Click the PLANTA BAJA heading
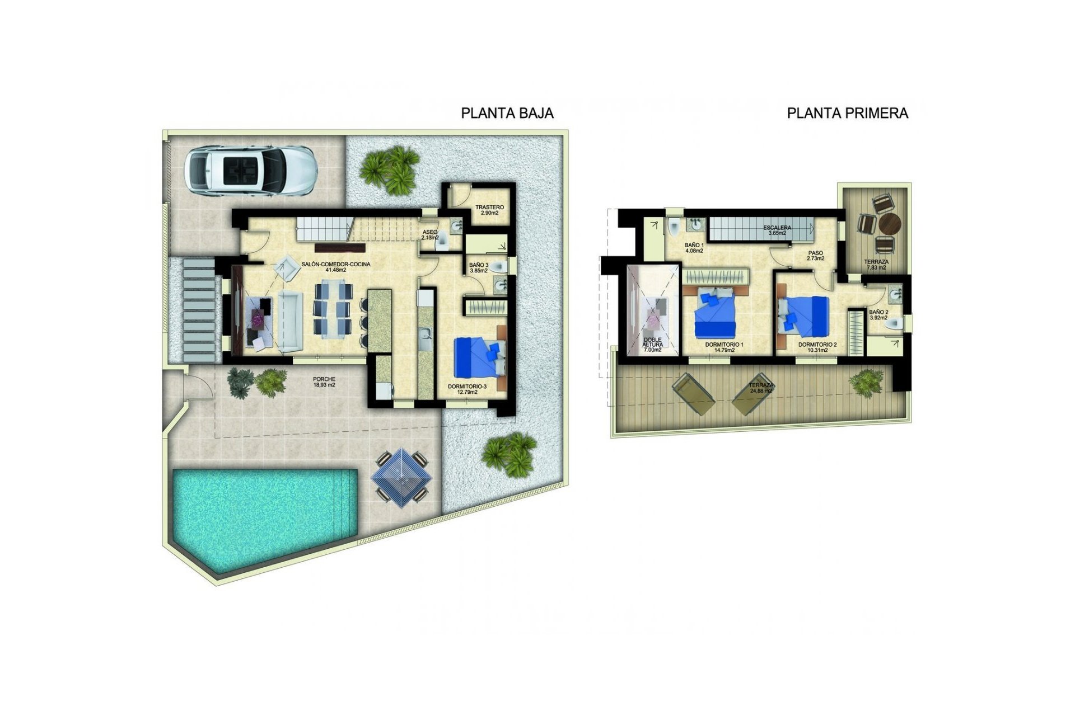pyautogui.click(x=507, y=113)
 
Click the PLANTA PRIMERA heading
pyautogui.click(x=847, y=113)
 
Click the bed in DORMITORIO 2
pyautogui.click(x=804, y=316)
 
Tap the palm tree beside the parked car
pyautogui.click(x=391, y=169)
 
